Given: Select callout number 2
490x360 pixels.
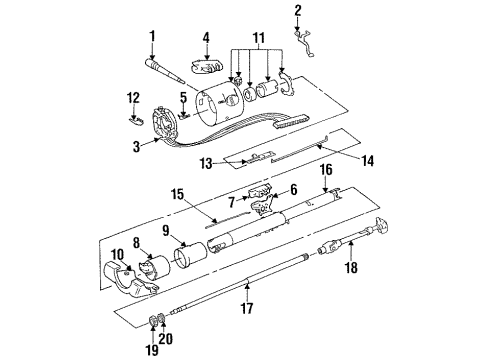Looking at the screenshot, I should pyautogui.click(x=297, y=11).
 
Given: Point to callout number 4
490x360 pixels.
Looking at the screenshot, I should pyautogui.click(x=206, y=39).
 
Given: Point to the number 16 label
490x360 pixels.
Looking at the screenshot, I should pyautogui.click(x=326, y=199).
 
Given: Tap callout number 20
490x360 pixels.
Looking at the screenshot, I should pyautogui.click(x=168, y=338).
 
